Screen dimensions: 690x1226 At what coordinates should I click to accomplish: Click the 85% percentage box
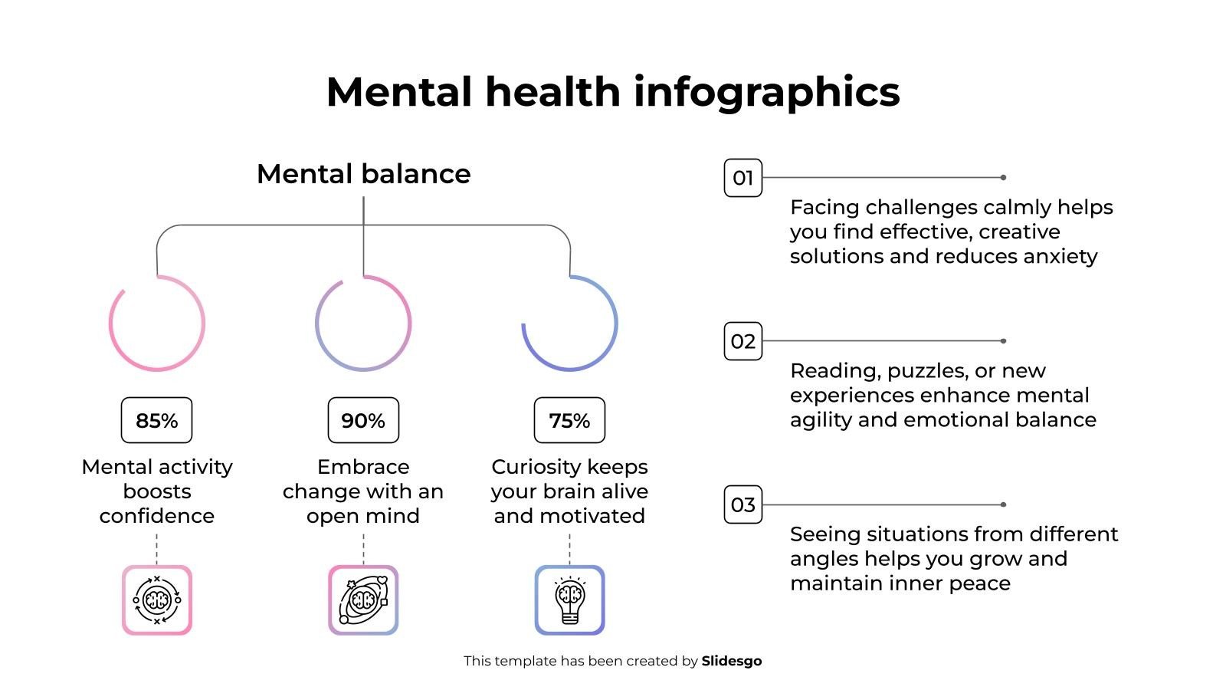pyautogui.click(x=156, y=420)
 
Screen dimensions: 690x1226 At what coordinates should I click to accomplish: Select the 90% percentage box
pyautogui.click(x=363, y=420)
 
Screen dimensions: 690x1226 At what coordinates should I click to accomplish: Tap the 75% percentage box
pyautogui.click(x=569, y=420)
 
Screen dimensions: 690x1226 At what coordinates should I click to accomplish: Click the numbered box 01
pyautogui.click(x=742, y=178)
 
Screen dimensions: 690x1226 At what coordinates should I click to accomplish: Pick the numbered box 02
pyautogui.click(x=742, y=341)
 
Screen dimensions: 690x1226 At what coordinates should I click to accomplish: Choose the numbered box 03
pyautogui.click(x=742, y=504)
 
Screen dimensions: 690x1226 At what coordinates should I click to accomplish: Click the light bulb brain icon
pyautogui.click(x=569, y=600)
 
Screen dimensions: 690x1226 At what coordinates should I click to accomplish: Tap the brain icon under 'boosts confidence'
pyautogui.click(x=156, y=600)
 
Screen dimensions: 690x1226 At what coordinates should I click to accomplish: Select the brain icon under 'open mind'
pyautogui.click(x=363, y=600)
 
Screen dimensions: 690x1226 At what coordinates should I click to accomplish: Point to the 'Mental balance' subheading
pyautogui.click(x=363, y=174)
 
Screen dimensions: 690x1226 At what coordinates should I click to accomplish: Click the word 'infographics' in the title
pyautogui.click(x=766, y=92)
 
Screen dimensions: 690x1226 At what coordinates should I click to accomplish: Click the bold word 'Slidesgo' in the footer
pyautogui.click(x=731, y=661)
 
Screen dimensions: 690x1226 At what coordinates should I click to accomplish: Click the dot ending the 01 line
pyautogui.click(x=1003, y=178)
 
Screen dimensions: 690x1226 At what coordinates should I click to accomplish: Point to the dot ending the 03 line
pyautogui.click(x=1003, y=504)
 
